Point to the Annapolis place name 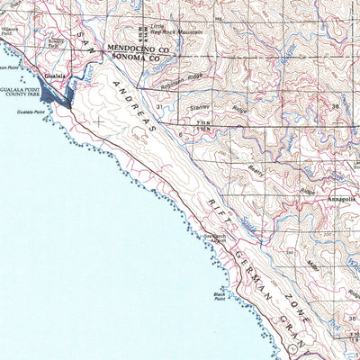pos(342,200)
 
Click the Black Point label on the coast pos(219,296)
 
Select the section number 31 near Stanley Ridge pos(159,107)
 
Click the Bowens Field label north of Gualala pos(56,41)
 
